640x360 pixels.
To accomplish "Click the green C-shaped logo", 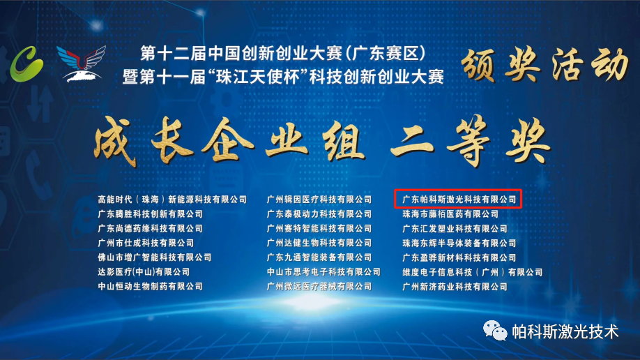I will (27, 62).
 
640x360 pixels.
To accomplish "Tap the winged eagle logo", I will (81, 62).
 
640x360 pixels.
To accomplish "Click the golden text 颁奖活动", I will (542, 65).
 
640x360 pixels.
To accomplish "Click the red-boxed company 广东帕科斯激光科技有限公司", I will (459, 200).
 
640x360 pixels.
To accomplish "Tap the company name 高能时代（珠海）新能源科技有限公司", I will (172, 200).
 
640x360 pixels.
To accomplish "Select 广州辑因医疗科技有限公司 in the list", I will (319, 200).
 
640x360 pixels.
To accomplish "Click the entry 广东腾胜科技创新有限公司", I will (150, 214).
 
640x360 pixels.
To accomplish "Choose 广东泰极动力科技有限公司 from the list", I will (319, 214).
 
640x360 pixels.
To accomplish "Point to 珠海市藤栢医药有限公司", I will (450, 214).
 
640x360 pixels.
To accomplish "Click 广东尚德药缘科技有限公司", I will (150, 229).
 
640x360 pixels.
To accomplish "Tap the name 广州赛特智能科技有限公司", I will (319, 229).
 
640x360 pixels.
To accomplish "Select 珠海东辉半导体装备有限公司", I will (459, 243).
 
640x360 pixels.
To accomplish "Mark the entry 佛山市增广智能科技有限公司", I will (154, 257).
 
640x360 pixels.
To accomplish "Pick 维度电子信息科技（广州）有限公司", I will (472, 272).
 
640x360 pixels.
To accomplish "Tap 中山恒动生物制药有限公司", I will (150, 287).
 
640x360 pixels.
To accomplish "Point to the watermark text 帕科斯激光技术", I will (565, 331).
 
